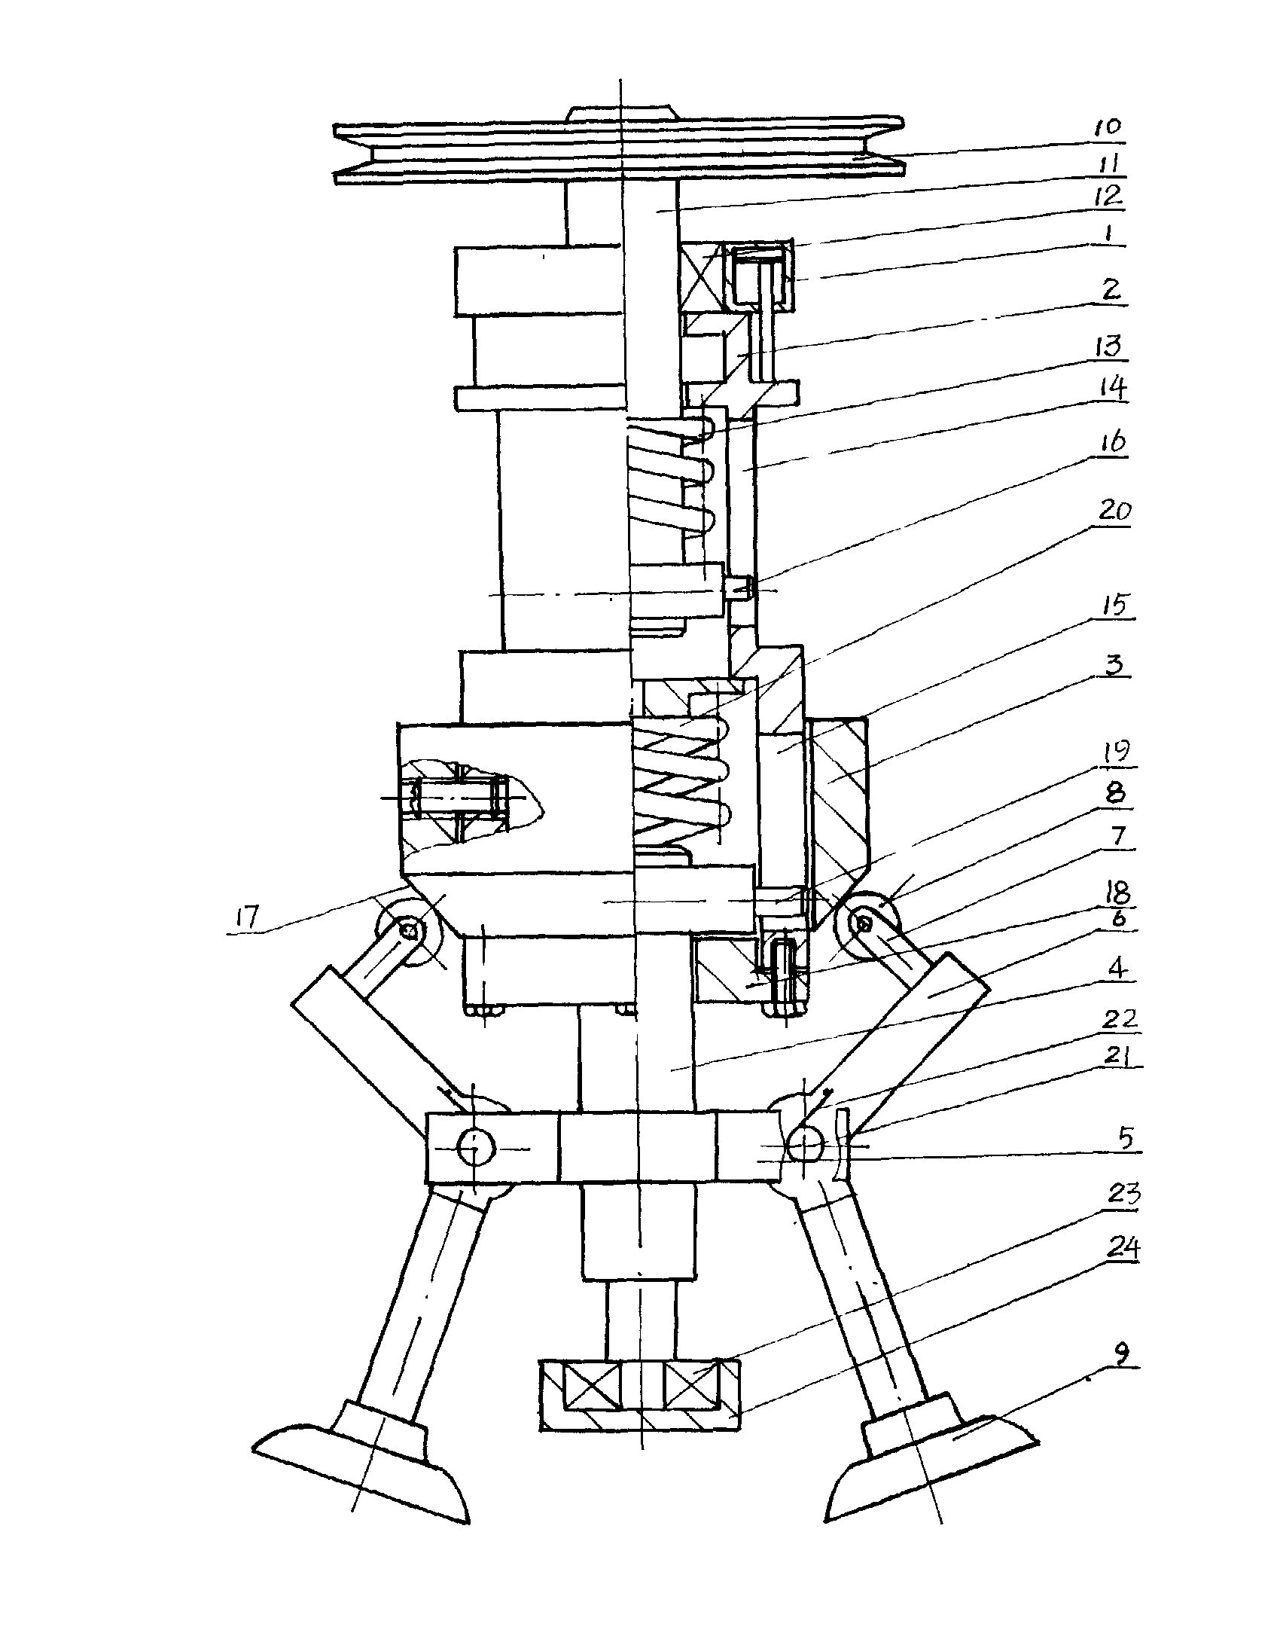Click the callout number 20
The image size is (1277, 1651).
pyautogui.click(x=1114, y=511)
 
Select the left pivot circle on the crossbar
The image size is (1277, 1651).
pyautogui.click(x=476, y=1149)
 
